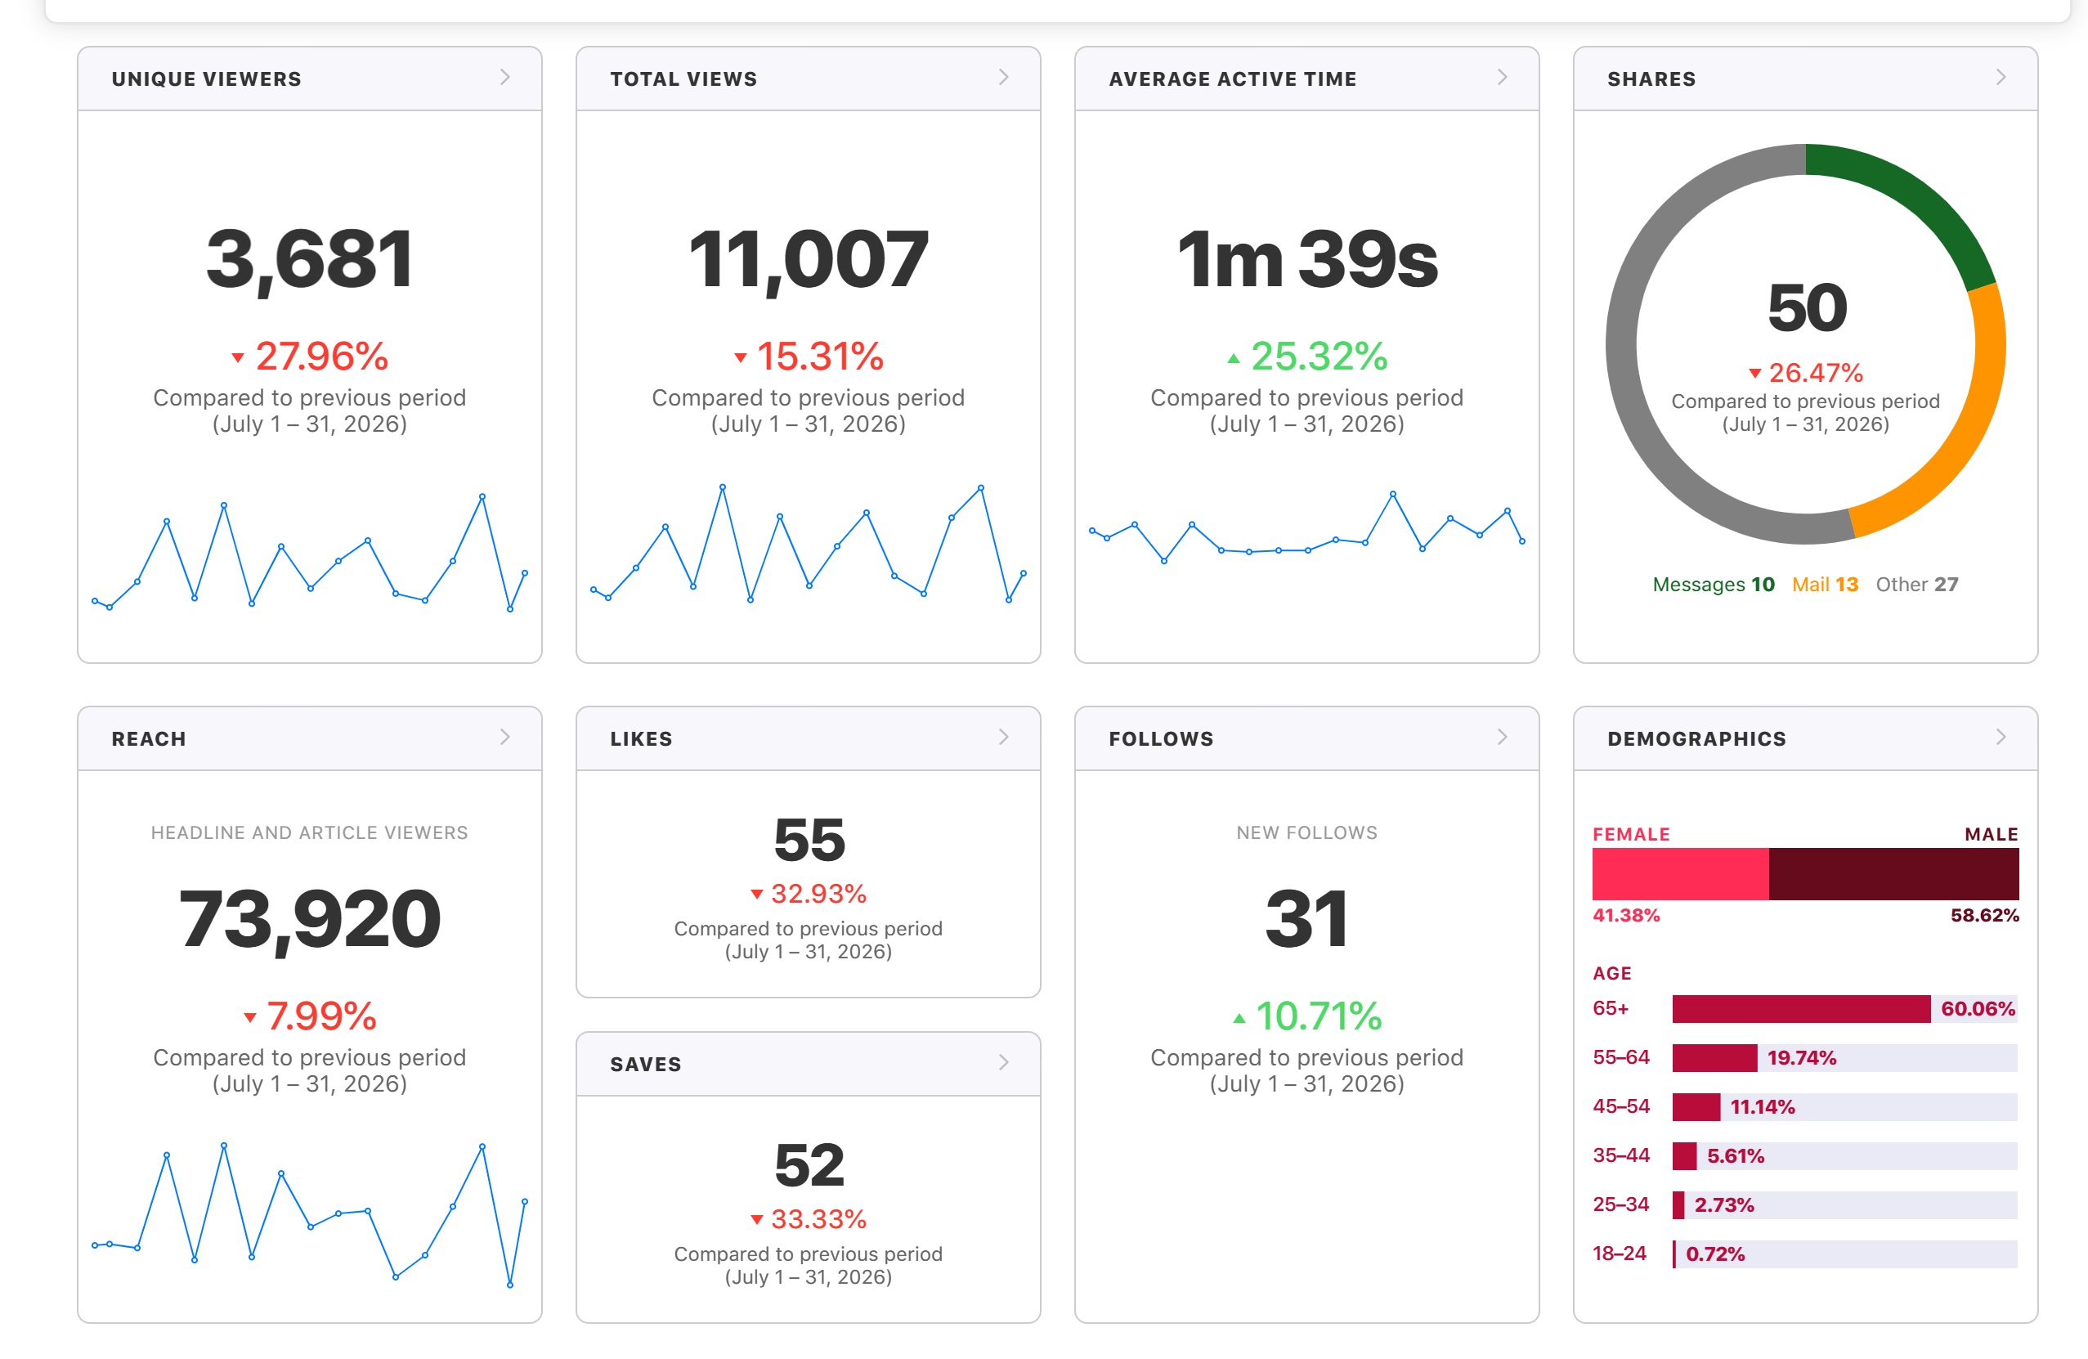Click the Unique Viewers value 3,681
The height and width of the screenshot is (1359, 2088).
coord(309,260)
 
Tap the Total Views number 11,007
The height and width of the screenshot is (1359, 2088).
coord(808,260)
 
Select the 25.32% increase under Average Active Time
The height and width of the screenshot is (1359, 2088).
coord(1307,357)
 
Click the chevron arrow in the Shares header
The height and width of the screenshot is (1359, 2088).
coord(2001,77)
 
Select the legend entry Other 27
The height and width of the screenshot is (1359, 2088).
coord(1917,585)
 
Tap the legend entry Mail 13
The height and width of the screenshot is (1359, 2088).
coord(1825,585)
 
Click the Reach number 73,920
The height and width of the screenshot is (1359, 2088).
coord(309,919)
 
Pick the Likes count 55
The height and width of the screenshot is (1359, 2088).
coord(809,840)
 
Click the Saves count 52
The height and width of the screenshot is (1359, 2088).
coord(809,1165)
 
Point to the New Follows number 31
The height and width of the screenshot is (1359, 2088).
coord(1306,919)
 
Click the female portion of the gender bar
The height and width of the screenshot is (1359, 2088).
coord(1680,874)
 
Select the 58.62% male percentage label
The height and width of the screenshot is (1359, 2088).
coord(1984,916)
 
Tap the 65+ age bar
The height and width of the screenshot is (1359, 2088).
coord(1801,1009)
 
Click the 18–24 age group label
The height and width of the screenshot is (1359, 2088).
coord(1620,1254)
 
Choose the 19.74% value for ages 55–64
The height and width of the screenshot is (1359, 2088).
coord(1801,1058)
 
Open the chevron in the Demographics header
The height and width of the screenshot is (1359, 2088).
coord(2001,737)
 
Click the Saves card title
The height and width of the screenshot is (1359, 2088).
coord(646,1064)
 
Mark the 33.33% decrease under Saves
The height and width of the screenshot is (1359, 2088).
coord(809,1219)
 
